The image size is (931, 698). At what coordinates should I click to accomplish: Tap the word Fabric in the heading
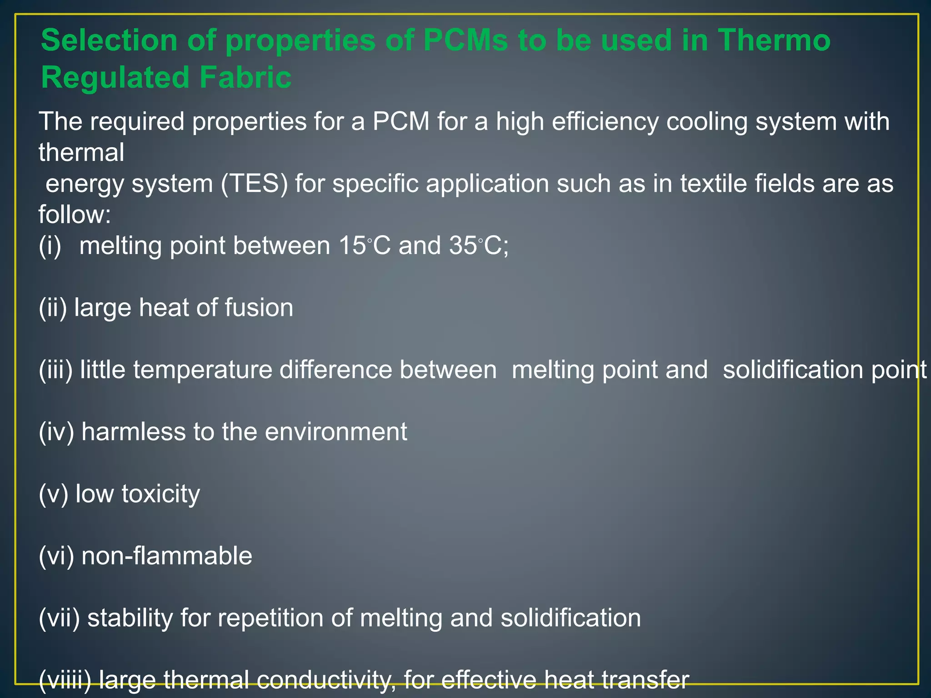pyautogui.click(x=245, y=77)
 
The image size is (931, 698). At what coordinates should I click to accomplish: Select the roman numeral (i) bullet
pyautogui.click(x=50, y=246)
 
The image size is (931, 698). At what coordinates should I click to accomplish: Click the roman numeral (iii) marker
pyautogui.click(x=55, y=369)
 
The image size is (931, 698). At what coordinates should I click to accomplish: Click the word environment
pyautogui.click(x=336, y=432)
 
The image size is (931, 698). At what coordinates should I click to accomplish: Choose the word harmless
pyautogui.click(x=134, y=432)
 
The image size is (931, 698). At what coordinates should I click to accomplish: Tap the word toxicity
pyautogui.click(x=160, y=494)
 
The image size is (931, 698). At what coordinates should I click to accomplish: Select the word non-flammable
pyautogui.click(x=166, y=556)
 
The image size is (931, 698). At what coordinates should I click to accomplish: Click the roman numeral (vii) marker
pyautogui.click(x=59, y=618)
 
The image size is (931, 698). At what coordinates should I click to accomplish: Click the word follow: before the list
pyautogui.click(x=75, y=214)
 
